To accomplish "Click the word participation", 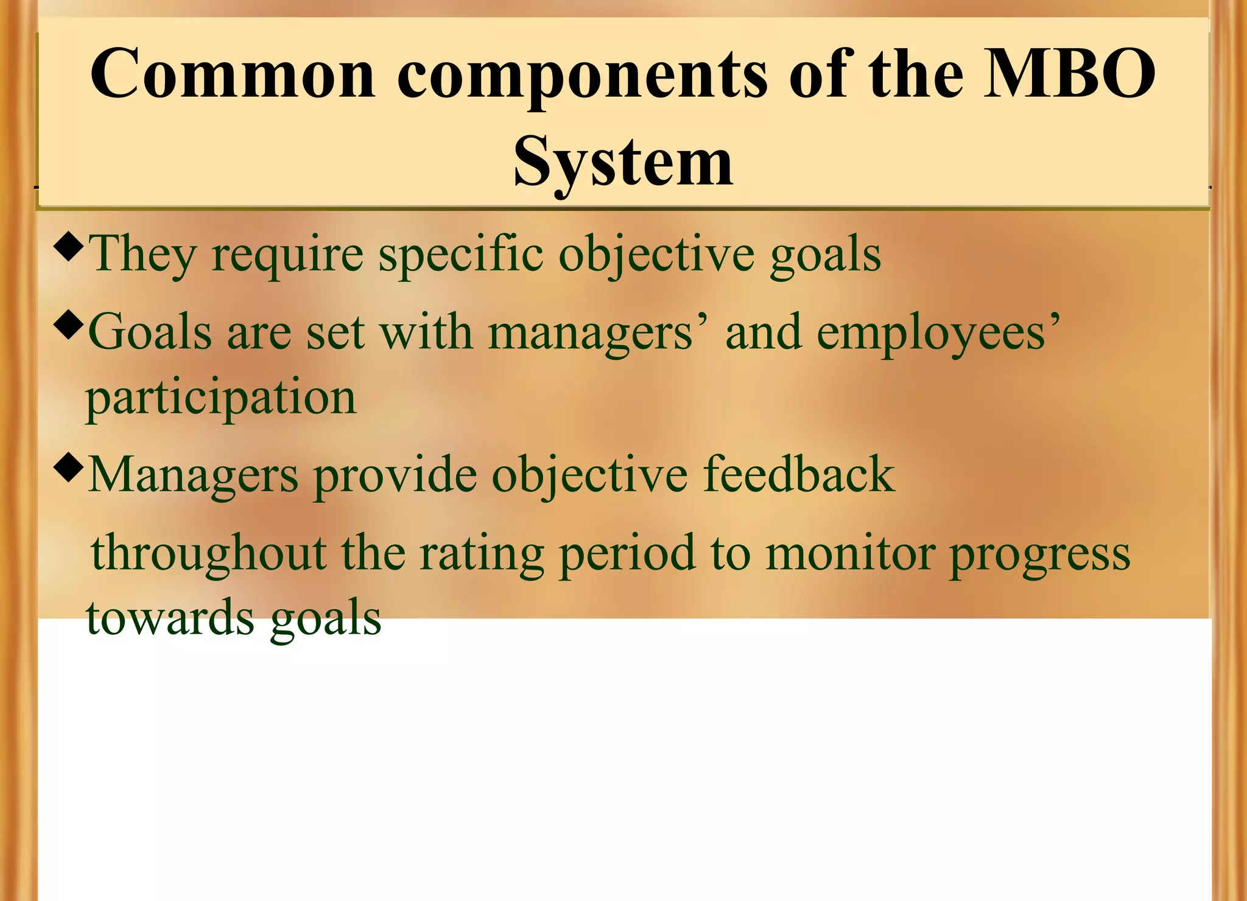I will (220, 398).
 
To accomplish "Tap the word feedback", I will (799, 475).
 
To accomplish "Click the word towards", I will (170, 617).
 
